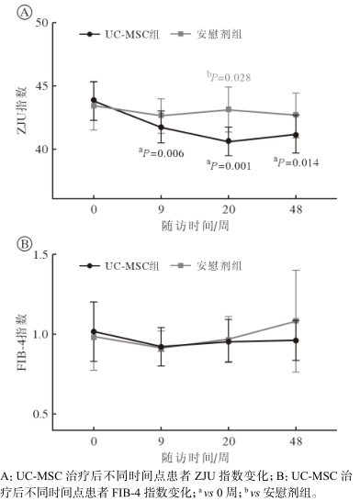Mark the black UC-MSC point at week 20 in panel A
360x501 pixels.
(228, 141)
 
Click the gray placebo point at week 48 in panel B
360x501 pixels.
(295, 321)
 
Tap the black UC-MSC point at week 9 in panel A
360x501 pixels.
(161, 128)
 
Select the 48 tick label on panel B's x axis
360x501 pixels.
(295, 442)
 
